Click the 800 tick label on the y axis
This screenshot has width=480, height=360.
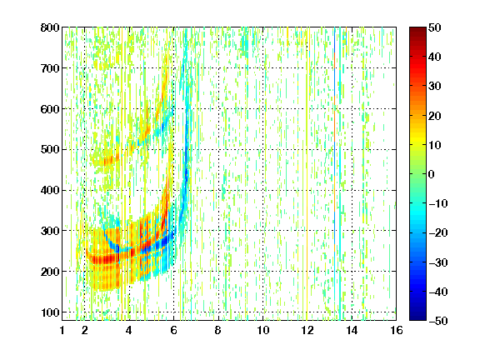coord(50,27)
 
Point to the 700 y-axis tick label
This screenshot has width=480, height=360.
coord(50,68)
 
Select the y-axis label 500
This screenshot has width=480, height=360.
coord(50,150)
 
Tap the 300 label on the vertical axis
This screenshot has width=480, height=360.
coord(50,231)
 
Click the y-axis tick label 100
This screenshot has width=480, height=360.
coord(50,312)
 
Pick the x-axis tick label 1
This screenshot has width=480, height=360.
coord(62,330)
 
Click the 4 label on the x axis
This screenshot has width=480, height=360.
coord(129,330)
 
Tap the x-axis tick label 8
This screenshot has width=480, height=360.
coord(218,330)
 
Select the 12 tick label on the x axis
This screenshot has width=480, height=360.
coord(307,330)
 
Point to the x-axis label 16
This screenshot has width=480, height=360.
coord(397,330)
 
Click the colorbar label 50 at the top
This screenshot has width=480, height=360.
coord(434,27)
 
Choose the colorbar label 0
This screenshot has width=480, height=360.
coord(432,174)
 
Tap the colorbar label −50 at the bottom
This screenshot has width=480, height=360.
coord(438,321)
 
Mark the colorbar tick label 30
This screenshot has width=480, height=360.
coord(434,87)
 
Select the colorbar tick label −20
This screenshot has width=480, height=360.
coord(438,232)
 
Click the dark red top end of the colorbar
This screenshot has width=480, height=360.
coord(417,29)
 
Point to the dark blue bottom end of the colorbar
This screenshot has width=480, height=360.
coord(417,318)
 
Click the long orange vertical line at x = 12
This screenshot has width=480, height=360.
coord(307,174)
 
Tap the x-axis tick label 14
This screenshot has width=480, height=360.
coord(352,330)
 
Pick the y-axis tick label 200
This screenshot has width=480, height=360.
coord(50,272)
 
